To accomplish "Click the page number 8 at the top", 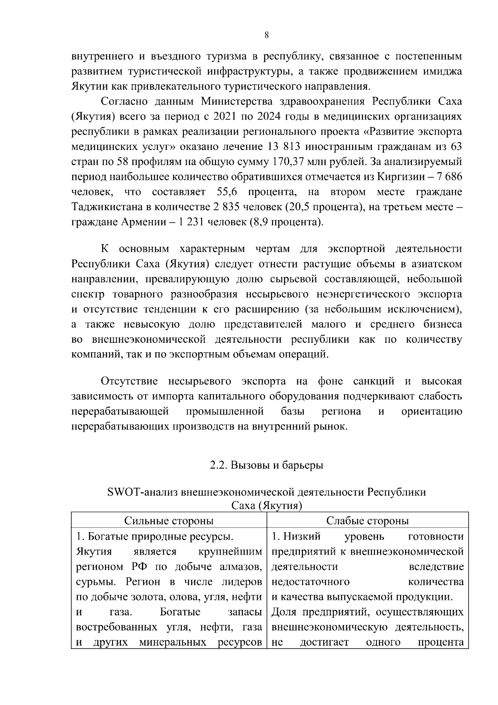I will [x=266, y=35].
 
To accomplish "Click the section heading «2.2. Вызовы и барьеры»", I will [x=266, y=465].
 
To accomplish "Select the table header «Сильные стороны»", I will [x=169, y=521].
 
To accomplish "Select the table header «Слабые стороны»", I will [x=367, y=521].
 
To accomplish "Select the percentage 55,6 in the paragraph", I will [x=227, y=192].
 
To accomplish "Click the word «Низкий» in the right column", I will [x=302, y=536].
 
